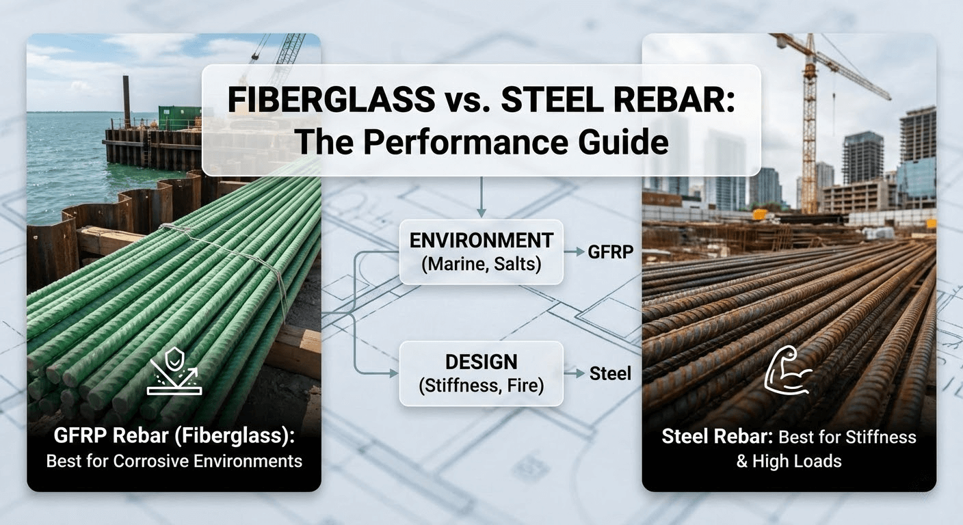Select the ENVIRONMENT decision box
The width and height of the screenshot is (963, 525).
tap(481, 252)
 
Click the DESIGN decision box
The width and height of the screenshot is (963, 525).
tap(481, 374)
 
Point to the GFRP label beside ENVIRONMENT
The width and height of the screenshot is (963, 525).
tap(609, 252)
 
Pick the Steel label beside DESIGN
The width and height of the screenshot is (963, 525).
tap(610, 374)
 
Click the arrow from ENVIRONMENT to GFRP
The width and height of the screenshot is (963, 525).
tap(575, 252)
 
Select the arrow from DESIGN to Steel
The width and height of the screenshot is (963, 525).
tap(575, 374)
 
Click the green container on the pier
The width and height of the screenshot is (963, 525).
tap(179, 117)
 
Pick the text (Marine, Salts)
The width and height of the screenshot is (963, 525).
tap(481, 264)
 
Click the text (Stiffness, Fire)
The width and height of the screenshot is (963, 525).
tap(481, 386)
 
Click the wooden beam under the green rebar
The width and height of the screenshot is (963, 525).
tap(294, 349)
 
